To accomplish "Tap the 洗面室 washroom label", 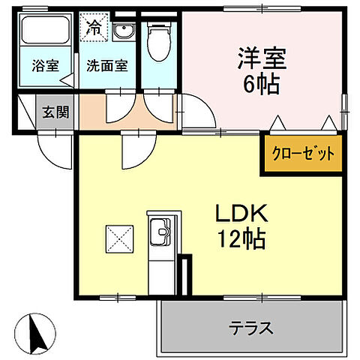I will pos(106,65).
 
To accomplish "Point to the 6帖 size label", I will pos(260,83).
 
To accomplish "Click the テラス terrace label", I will pos(251,328).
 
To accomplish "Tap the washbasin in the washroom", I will pos(124,31).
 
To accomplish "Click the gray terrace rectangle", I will pos(251,328).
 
